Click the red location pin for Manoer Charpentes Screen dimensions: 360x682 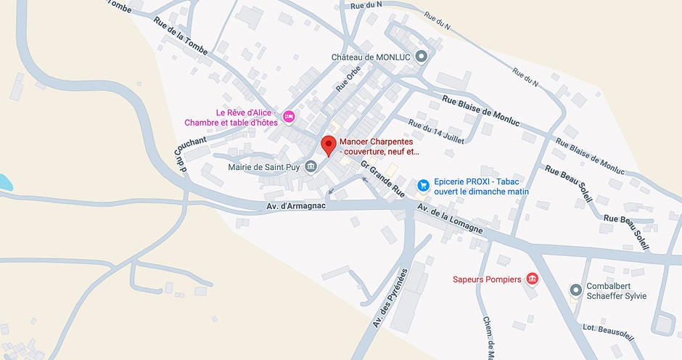329,144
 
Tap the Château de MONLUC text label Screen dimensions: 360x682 371,57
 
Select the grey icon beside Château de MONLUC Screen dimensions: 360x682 422,56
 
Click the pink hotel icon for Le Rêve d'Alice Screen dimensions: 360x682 289,117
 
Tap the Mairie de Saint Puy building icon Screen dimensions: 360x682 311,167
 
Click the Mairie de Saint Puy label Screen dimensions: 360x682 263,167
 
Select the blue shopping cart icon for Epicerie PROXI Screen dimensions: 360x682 423,187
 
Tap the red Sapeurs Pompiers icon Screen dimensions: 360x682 532,279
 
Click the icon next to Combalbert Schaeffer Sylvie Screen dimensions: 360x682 575,290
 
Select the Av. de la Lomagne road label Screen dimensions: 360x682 449,218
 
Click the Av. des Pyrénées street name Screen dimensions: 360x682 390,298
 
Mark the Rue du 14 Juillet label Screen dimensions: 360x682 435,131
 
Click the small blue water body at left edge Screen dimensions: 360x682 4,182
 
